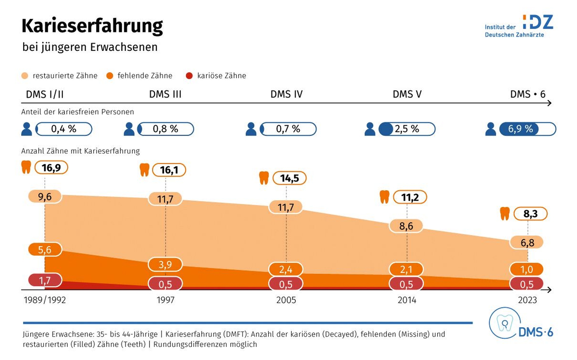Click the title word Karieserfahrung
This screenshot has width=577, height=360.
coord(92,26)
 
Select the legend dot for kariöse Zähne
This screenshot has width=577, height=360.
coord(189,76)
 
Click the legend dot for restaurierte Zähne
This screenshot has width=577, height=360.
coord(25,76)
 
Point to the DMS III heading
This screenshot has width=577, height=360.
coord(165,94)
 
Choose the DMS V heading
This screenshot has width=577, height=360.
coord(407,94)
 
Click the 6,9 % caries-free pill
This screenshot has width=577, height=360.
coord(527,129)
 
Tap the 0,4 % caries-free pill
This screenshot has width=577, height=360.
coord(64,129)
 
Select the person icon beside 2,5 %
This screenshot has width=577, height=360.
coord(370,129)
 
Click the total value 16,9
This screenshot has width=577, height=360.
coord(51,168)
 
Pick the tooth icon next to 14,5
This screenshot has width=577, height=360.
coord(264,178)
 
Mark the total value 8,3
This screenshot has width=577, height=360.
coord(531,214)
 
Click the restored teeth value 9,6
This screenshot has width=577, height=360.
coord(45,197)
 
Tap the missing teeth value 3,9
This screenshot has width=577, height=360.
coord(165,264)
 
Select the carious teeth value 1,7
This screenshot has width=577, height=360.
coord(45,280)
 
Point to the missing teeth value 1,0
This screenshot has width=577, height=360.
coord(527,269)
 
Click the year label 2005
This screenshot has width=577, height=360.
coord(286,300)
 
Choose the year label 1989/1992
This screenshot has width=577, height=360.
coord(45,300)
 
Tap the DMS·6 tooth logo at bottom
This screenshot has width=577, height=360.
coord(521,324)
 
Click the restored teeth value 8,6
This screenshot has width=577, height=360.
coord(406,226)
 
